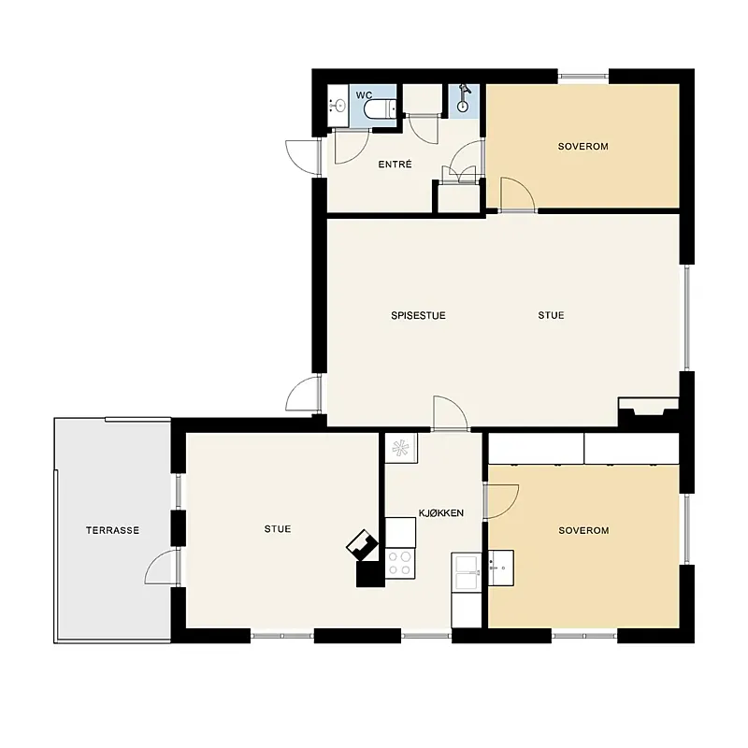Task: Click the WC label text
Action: [364, 95]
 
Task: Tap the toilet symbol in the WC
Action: [380, 109]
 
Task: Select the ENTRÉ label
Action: [395, 165]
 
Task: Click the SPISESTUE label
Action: [418, 315]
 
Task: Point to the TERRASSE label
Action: [112, 530]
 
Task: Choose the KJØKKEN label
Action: [441, 512]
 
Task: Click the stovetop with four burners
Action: [400, 564]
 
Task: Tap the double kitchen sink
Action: [467, 572]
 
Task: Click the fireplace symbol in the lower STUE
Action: [363, 544]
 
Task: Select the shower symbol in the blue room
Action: [463, 99]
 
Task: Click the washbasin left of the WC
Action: [338, 106]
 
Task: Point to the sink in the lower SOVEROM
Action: [501, 568]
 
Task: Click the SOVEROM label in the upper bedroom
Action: [583, 147]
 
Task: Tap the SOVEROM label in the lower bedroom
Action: [583, 530]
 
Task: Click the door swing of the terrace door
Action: [161, 567]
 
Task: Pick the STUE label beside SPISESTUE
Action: [551, 315]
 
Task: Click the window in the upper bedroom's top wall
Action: [583, 76]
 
